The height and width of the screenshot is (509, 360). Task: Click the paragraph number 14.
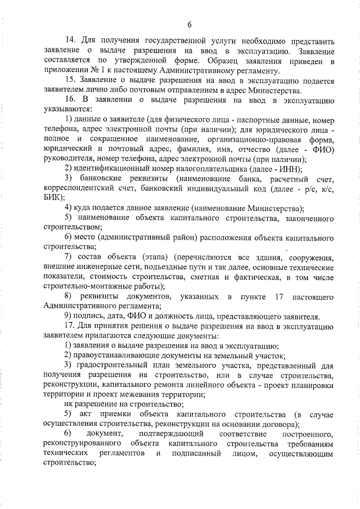(71, 41)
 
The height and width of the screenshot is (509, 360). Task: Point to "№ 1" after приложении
(96, 71)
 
